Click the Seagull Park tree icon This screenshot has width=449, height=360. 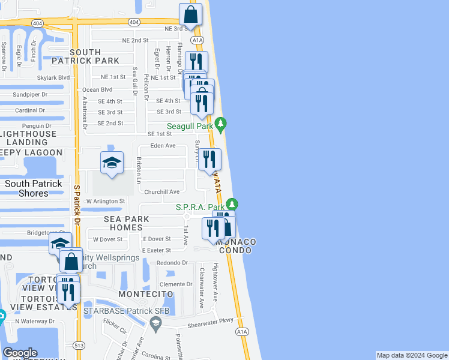[x=221, y=124]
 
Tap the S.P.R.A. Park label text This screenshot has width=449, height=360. [x=200, y=207]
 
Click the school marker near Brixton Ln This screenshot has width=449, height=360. [x=112, y=163]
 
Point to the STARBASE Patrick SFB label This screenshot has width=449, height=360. [x=127, y=311]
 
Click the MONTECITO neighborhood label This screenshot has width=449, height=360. [x=146, y=294]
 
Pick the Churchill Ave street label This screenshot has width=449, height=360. [x=162, y=192]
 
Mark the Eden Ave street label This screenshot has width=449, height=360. [x=163, y=146]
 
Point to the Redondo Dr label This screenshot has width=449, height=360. [x=172, y=263]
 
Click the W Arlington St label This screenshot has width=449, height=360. [x=106, y=202]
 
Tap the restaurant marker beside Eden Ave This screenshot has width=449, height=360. [x=209, y=159]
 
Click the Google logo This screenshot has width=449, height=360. [x=20, y=353]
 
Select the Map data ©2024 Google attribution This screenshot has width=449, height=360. [x=412, y=356]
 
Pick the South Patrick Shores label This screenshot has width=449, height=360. [x=34, y=188]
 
